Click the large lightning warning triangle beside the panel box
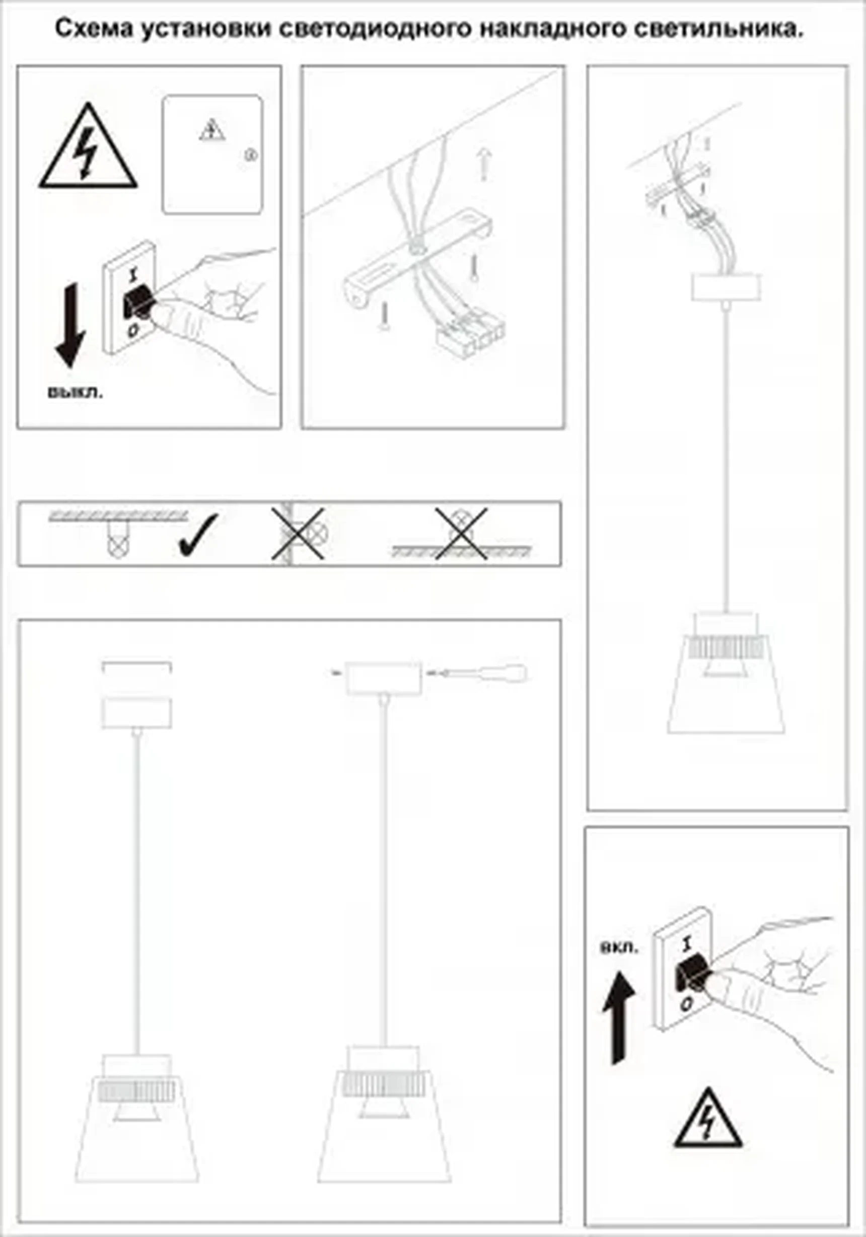pyautogui.click(x=88, y=145)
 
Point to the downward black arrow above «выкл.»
pyautogui.click(x=70, y=325)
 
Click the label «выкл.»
pyautogui.click(x=76, y=392)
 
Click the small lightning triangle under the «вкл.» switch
pyautogui.click(x=707, y=1117)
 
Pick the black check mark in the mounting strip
pyautogui.click(x=197, y=535)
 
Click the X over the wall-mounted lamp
pyautogui.click(x=298, y=533)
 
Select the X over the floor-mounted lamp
pyautogui.click(x=461, y=533)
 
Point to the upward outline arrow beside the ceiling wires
pyautogui.click(x=484, y=165)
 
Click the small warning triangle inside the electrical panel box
pyautogui.click(x=212, y=131)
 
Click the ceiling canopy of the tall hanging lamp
pyautogui.click(x=726, y=286)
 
